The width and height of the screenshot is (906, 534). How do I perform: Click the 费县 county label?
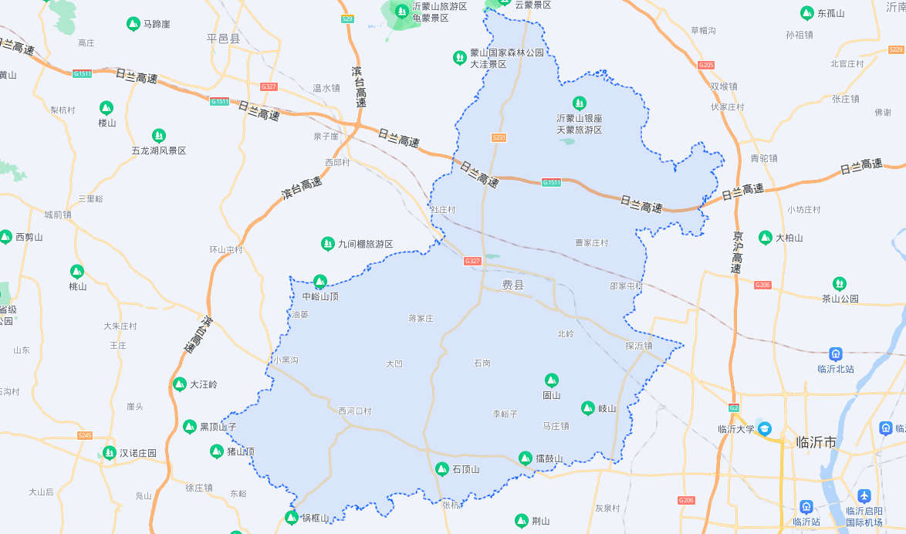[x=513, y=286]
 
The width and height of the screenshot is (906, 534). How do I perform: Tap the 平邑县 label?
[x=224, y=39]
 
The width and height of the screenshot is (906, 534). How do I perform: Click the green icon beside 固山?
[x=551, y=380]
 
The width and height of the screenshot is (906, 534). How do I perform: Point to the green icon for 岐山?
[x=587, y=407]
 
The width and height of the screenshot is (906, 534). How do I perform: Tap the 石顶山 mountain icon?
[x=441, y=468]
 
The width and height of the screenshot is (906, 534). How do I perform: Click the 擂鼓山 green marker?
[x=525, y=458]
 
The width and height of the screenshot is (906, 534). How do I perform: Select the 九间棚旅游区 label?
[x=365, y=244]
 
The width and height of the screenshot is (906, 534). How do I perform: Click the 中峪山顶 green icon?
[x=319, y=281]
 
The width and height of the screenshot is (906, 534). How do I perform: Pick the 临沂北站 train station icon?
[x=835, y=353]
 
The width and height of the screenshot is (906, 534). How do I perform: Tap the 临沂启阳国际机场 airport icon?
[x=864, y=495]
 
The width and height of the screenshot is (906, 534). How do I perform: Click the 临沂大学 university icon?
[x=764, y=428]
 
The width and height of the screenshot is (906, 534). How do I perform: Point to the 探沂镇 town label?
[x=639, y=346]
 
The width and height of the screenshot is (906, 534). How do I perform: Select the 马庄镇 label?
[x=555, y=426]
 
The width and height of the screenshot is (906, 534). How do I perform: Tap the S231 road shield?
[x=499, y=137]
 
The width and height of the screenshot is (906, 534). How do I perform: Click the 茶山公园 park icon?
[x=839, y=283]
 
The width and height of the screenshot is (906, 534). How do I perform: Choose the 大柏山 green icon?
[x=765, y=237]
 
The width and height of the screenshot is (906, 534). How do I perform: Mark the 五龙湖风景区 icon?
[x=159, y=136]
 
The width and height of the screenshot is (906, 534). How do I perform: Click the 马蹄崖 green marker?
[x=133, y=24]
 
